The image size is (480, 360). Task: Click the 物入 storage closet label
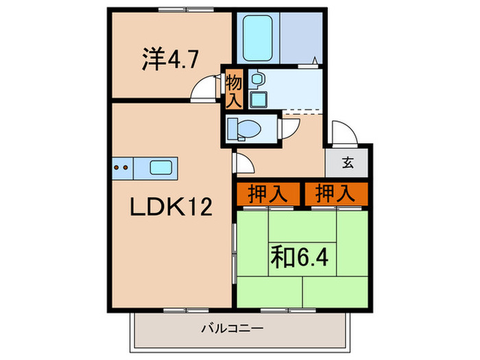click(x=233, y=91)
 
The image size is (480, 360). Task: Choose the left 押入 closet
click(x=268, y=194)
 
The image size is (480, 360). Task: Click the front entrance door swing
click(x=340, y=132)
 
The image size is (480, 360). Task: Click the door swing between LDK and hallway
click(x=243, y=163)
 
